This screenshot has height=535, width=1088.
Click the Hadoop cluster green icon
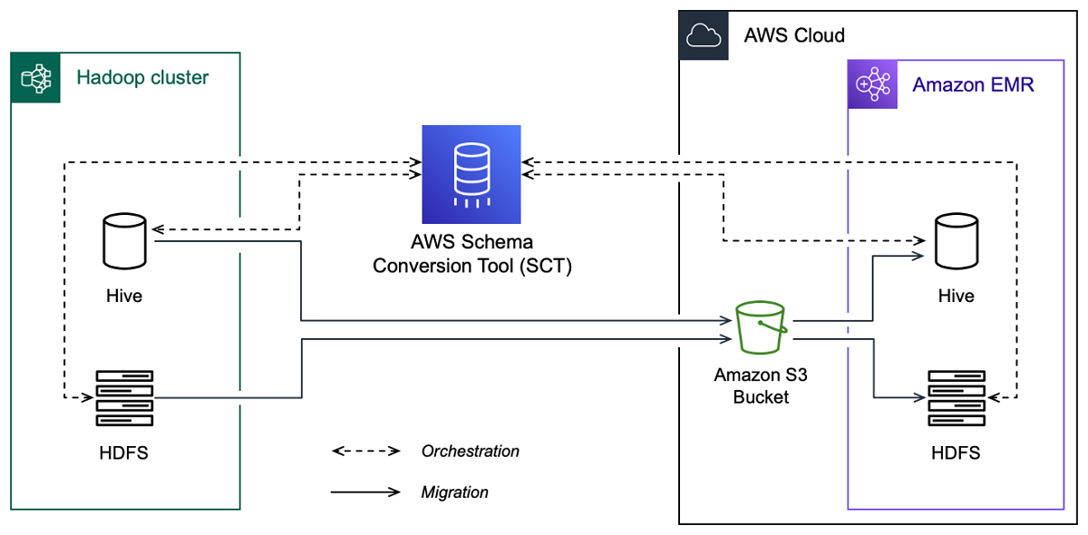tap(35, 78)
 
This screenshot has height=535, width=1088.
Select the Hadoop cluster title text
tap(142, 78)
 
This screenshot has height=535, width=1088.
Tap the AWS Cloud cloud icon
tap(704, 35)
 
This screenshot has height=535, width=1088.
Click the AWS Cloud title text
tap(794, 35)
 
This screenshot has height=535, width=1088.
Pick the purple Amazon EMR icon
tap(872, 85)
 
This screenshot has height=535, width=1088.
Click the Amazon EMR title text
tap(973, 85)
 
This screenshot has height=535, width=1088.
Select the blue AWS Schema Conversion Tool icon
tap(471, 175)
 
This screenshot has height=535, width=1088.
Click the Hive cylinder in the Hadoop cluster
tap(125, 241)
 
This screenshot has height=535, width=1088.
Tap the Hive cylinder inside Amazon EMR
tap(957, 241)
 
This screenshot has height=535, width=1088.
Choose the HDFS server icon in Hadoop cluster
tap(125, 398)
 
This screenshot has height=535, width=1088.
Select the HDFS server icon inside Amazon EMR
tap(957, 398)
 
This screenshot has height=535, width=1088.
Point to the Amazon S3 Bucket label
tap(762, 386)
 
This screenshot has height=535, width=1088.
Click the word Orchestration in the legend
tap(470, 451)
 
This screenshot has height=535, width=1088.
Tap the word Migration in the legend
tap(454, 492)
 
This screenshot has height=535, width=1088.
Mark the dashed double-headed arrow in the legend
tap(365, 451)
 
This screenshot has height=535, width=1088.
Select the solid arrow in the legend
tap(365, 492)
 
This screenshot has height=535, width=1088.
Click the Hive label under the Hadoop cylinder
tap(124, 296)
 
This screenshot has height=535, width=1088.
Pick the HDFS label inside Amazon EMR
tap(957, 452)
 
